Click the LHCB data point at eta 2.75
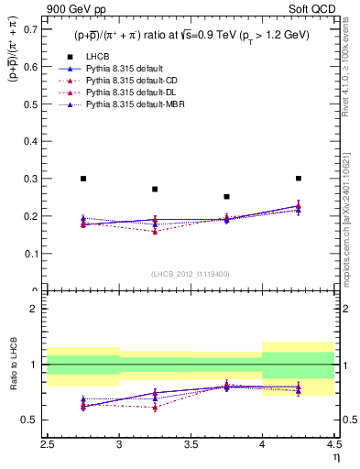pyautogui.click(x=83, y=179)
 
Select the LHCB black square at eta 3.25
pyautogui.click(x=155, y=190)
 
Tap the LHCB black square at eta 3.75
pyautogui.click(x=226, y=197)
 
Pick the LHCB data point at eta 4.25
pyautogui.click(x=298, y=179)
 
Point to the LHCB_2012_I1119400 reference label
pyautogui.click(x=191, y=274)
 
